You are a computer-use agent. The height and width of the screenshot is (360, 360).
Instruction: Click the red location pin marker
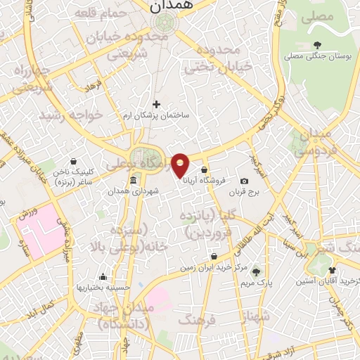pyautogui.click(x=181, y=165)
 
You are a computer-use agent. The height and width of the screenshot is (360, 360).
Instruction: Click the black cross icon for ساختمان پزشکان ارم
pyautogui.click(x=156, y=104)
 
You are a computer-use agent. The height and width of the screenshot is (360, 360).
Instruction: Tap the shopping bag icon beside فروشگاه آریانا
pyautogui.click(x=204, y=169)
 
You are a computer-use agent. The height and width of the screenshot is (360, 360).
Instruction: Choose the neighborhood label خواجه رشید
pyautogui.click(x=70, y=114)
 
